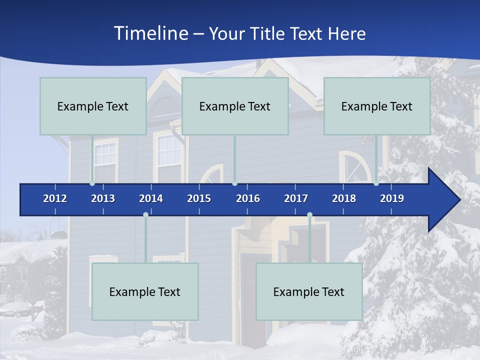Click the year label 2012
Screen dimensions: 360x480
tap(55, 198)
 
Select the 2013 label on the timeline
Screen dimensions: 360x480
tap(103, 198)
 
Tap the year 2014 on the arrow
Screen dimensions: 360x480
tap(151, 198)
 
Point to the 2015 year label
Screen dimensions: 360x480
tap(199, 198)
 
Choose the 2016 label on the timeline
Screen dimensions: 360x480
tap(248, 198)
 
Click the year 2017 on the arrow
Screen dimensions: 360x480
tap(296, 198)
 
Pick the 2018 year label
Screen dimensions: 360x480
tap(344, 198)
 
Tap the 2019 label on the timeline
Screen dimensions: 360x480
tap(392, 198)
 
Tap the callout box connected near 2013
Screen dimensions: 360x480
tap(93, 106)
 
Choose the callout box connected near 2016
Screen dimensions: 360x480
tap(235, 106)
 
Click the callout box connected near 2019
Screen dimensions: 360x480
tap(377, 106)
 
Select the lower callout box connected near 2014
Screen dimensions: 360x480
tap(145, 291)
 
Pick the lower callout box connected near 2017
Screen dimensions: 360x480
tap(309, 291)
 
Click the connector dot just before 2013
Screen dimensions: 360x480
tap(92, 183)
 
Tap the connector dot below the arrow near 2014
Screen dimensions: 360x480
tap(145, 215)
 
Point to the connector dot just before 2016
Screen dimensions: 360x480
tap(234, 183)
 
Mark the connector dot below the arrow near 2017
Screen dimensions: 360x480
tap(309, 215)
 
